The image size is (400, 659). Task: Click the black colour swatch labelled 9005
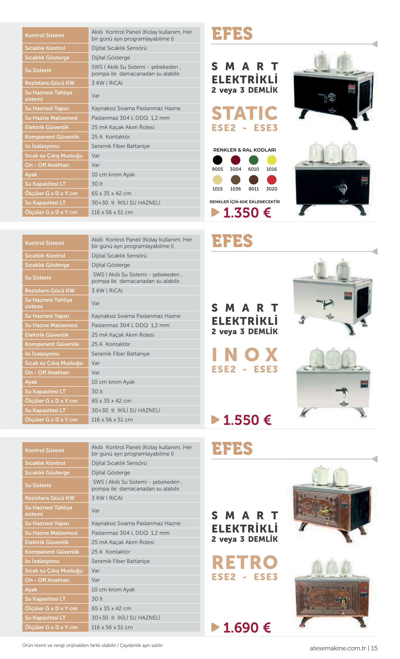tap(217, 160)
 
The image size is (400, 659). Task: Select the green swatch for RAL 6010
tap(254, 160)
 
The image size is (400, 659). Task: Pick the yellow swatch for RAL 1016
tap(272, 160)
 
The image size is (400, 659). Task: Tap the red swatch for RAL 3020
tap(272, 180)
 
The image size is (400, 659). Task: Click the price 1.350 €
tap(247, 213)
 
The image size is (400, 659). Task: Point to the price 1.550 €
tap(247, 420)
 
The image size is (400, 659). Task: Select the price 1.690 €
tap(247, 628)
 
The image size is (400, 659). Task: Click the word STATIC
tap(245, 113)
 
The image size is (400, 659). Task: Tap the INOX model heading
tap(245, 354)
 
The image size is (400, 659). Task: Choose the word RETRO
tap(245, 562)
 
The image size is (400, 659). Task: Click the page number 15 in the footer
tap(374, 648)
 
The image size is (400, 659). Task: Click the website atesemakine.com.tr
tap(338, 648)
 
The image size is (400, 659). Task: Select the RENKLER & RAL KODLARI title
tap(245, 150)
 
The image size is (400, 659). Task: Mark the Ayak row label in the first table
tap(31, 174)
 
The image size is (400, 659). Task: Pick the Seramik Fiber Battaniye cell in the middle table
tap(120, 354)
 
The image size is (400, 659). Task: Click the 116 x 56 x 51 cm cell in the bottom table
tap(112, 627)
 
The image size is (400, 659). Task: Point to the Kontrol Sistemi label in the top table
tap(45, 35)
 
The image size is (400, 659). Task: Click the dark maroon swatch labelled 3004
tap(236, 160)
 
